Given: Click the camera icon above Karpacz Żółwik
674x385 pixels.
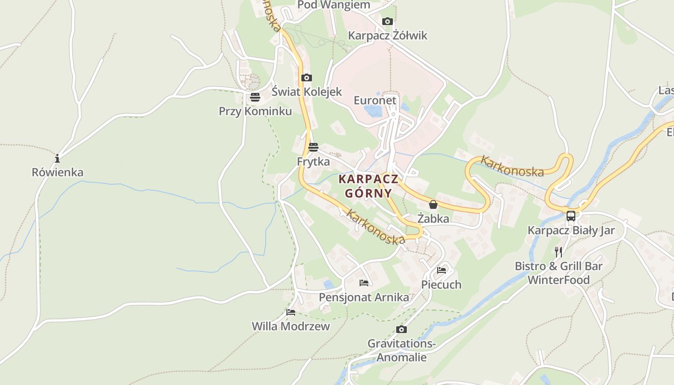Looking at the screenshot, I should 387,22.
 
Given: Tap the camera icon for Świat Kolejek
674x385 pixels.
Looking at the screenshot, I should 306,78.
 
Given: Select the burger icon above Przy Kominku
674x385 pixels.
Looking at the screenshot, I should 255,97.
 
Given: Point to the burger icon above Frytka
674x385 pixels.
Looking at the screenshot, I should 313,147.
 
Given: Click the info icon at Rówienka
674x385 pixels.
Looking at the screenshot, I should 57,158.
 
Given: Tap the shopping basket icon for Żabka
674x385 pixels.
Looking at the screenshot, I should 433,205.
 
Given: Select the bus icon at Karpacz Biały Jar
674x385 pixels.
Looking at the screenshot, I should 571,216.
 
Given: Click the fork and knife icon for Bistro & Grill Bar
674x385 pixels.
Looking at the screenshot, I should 558,252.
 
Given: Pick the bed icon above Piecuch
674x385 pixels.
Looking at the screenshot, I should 441,270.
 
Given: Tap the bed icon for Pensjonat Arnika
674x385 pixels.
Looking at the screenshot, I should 364,283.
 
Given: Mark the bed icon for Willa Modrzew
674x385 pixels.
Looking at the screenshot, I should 291,312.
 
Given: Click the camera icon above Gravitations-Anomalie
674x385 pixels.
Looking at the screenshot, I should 401,330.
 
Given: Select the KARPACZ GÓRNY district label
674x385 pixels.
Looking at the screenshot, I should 368,186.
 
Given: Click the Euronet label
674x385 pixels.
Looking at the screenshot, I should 375,101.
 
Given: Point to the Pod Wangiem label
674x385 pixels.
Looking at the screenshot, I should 334,5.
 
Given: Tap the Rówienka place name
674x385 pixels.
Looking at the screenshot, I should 57,172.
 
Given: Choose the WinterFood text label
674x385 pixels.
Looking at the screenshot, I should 558,280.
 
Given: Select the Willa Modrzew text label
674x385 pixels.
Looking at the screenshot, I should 291,326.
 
